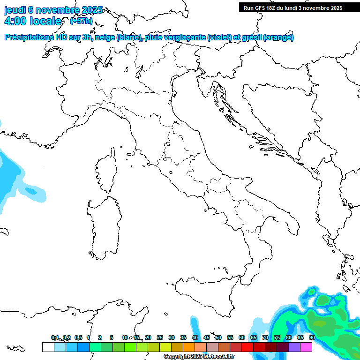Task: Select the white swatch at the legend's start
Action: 48,347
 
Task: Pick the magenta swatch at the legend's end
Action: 306,347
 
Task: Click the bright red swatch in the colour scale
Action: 247,347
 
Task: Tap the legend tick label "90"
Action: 312,337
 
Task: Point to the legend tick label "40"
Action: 195,337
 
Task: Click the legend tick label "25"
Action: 160,337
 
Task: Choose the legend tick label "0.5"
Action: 78,337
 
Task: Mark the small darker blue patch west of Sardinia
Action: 31,191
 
